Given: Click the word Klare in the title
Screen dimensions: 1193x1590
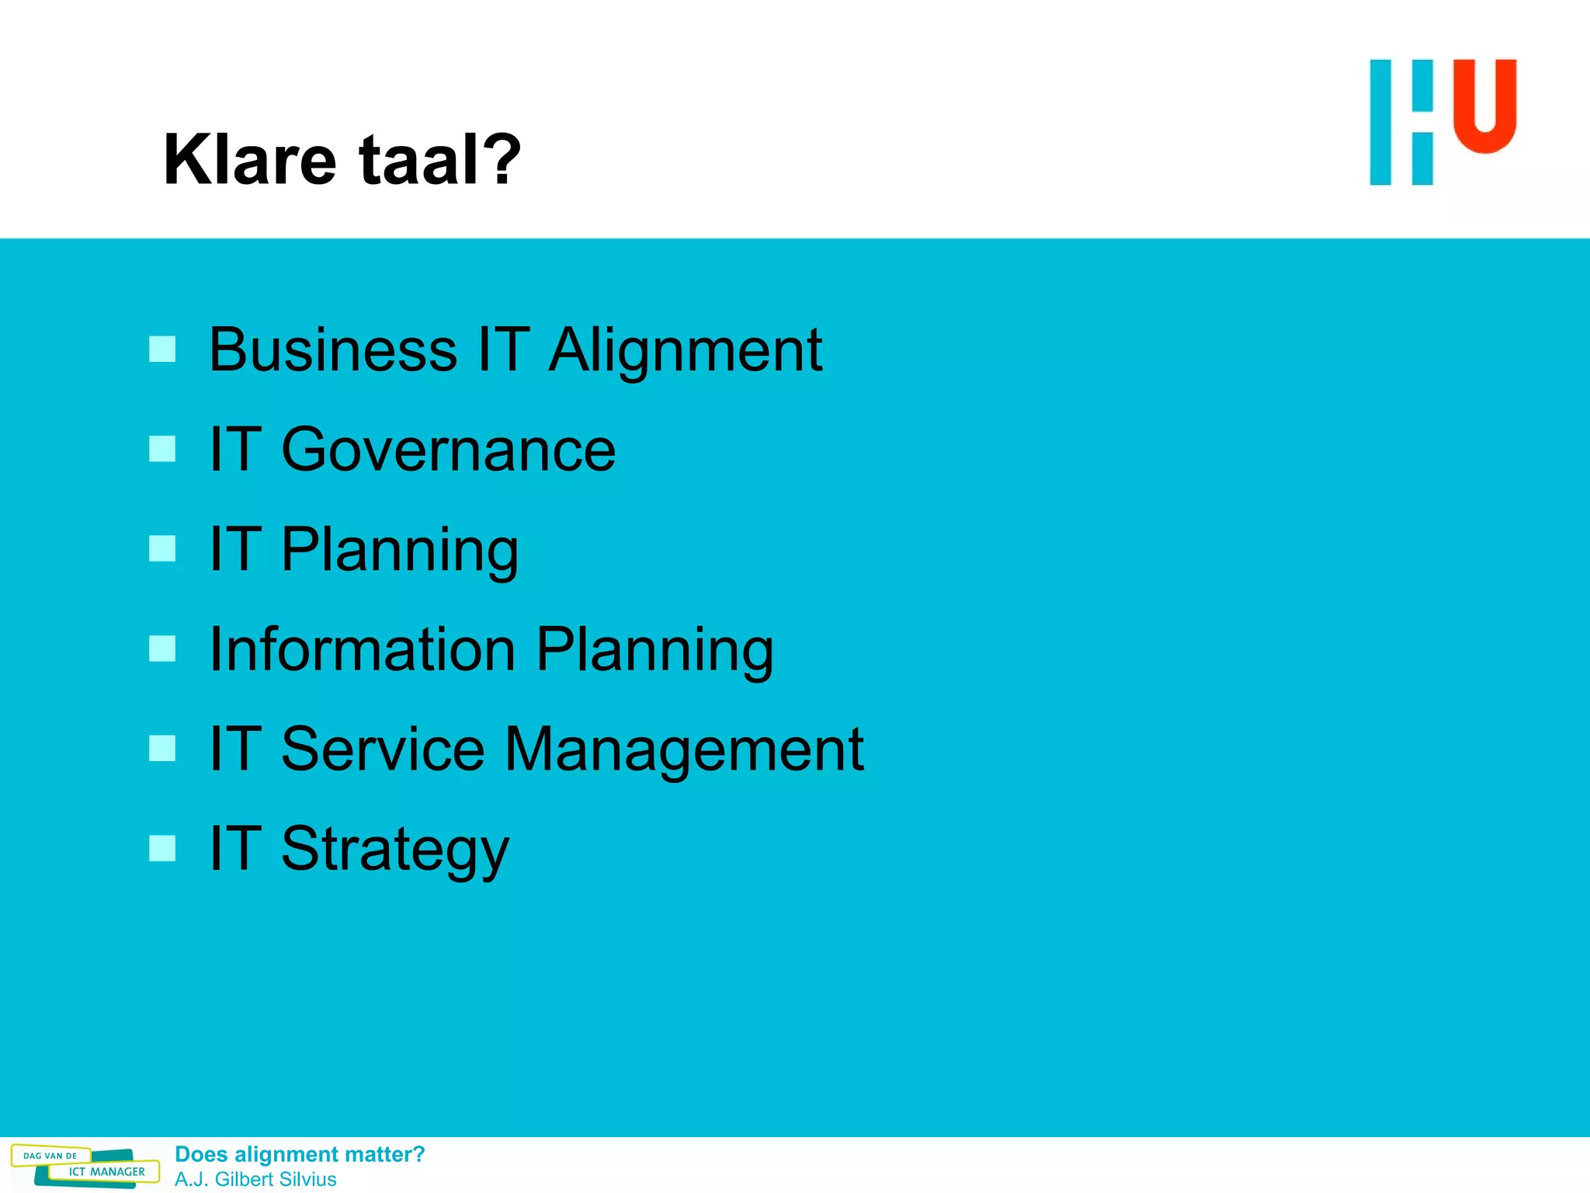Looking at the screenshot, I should pyautogui.click(x=249, y=160).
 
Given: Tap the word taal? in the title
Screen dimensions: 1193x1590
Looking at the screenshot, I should pyautogui.click(x=439, y=160).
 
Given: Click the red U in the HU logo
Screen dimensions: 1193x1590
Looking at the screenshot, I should pyautogui.click(x=1484, y=106).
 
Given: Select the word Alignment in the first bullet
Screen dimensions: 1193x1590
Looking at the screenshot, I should pyautogui.click(x=686, y=350).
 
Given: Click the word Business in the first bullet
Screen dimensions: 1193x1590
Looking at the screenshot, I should pyautogui.click(x=333, y=350).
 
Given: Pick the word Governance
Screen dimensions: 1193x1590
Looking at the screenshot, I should pyautogui.click(x=448, y=450).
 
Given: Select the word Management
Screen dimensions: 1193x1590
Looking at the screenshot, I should pyautogui.click(x=684, y=750).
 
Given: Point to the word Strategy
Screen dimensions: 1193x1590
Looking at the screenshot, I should pyautogui.click(x=394, y=850).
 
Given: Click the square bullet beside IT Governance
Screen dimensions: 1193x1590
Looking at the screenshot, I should pyautogui.click(x=162, y=449).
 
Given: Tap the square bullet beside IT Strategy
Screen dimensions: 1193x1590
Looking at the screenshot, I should pyautogui.click(x=162, y=848).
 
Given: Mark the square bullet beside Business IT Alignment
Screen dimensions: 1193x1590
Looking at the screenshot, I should pyautogui.click(x=162, y=350).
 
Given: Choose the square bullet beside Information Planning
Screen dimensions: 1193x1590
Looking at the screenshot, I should pyautogui.click(x=162, y=649).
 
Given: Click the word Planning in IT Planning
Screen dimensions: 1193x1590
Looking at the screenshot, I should pyautogui.click(x=399, y=551).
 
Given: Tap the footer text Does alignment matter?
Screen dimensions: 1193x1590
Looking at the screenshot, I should pyautogui.click(x=300, y=1154).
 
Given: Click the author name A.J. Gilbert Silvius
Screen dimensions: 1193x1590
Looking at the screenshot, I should pyautogui.click(x=255, y=1179).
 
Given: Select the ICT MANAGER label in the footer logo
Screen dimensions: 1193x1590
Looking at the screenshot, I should pyautogui.click(x=106, y=1172).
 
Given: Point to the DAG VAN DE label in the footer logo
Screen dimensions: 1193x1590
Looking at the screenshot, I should pyautogui.click(x=50, y=1156).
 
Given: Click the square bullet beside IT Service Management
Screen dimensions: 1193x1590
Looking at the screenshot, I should pyautogui.click(x=162, y=749).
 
